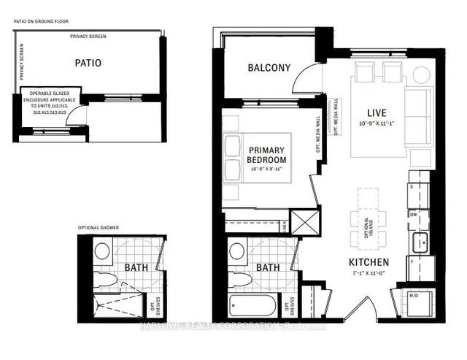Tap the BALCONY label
click(269, 68)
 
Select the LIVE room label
click(377, 112)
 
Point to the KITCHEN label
click(368, 262)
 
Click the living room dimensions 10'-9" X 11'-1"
click(377, 124)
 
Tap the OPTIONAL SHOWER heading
click(99, 228)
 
